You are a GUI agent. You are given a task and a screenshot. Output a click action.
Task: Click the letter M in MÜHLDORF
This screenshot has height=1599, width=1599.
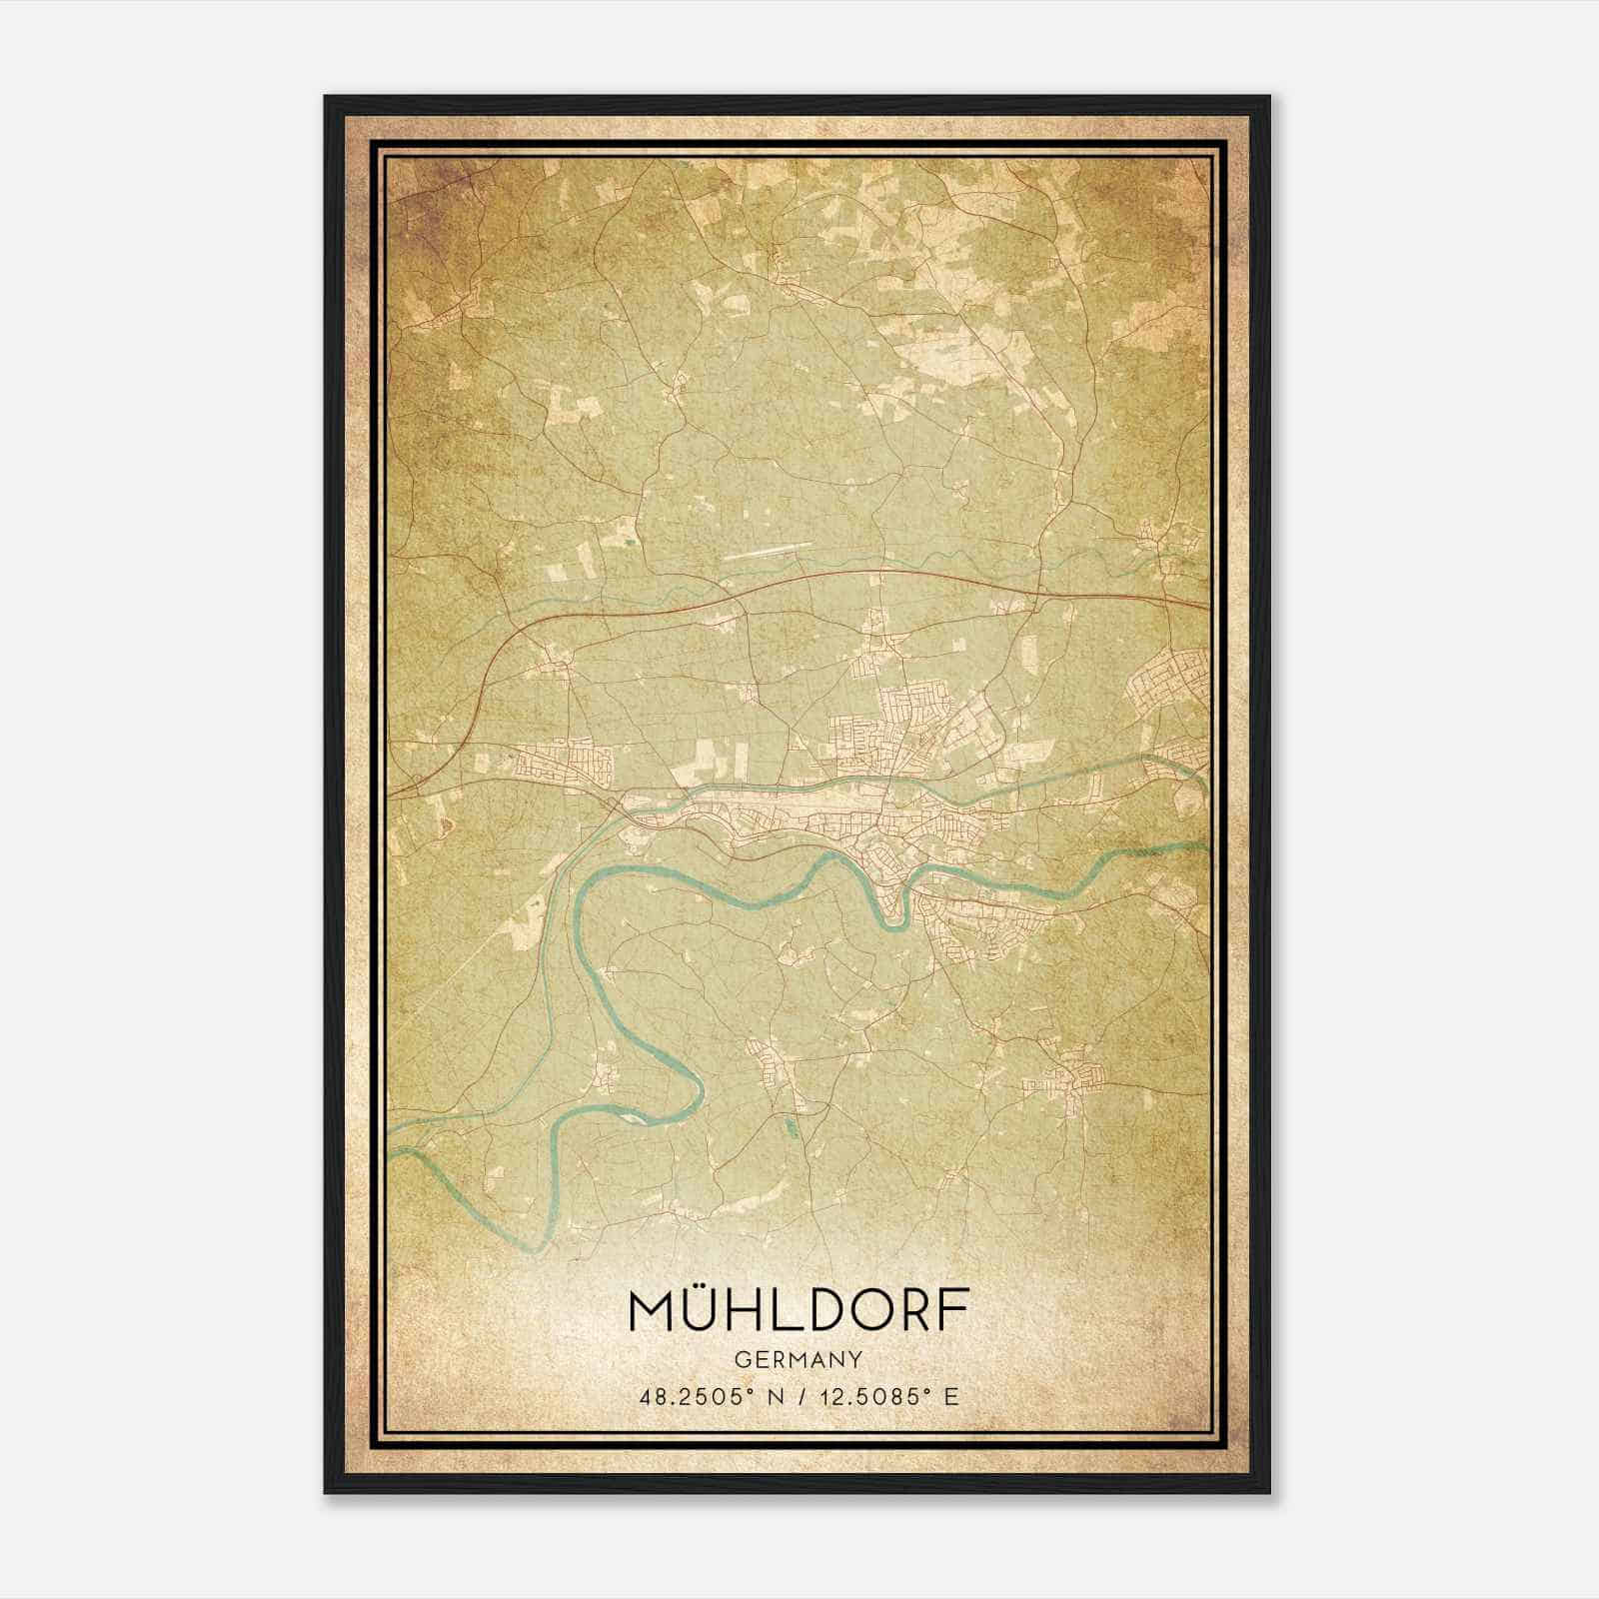[651, 1311]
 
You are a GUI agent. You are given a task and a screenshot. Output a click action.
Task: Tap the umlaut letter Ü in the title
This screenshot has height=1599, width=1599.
[705, 1309]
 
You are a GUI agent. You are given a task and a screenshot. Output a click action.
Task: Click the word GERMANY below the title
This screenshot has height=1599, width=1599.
[799, 1359]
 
